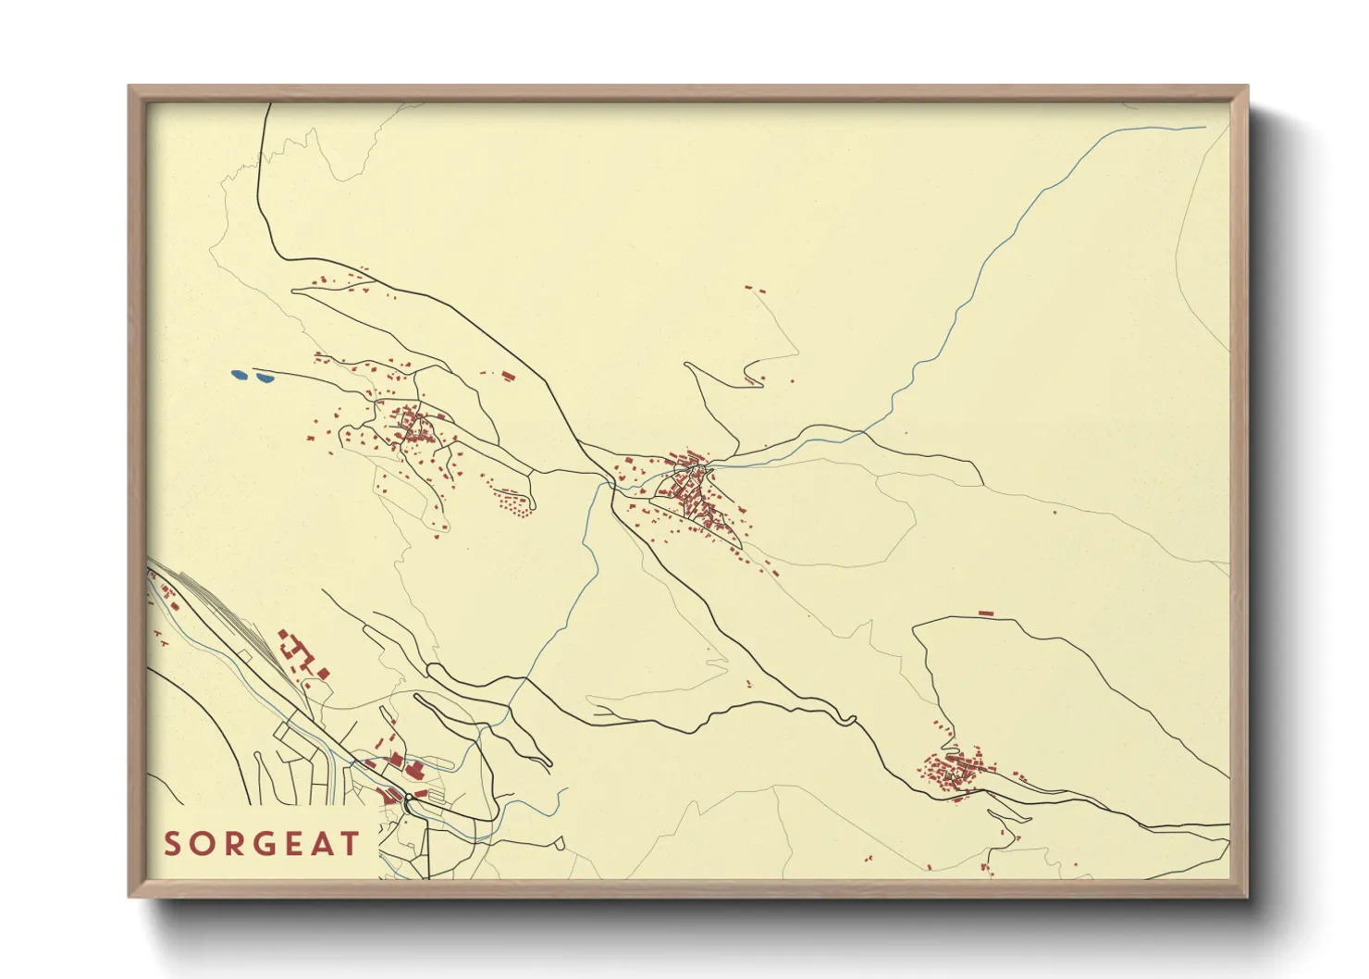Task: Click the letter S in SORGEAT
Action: click(172, 844)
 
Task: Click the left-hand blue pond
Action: click(239, 375)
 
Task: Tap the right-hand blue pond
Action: click(264, 378)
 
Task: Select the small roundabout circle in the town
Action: click(408, 797)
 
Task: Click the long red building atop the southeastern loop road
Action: click(985, 613)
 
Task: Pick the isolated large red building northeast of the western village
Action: click(507, 376)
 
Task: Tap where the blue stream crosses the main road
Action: click(610, 482)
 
